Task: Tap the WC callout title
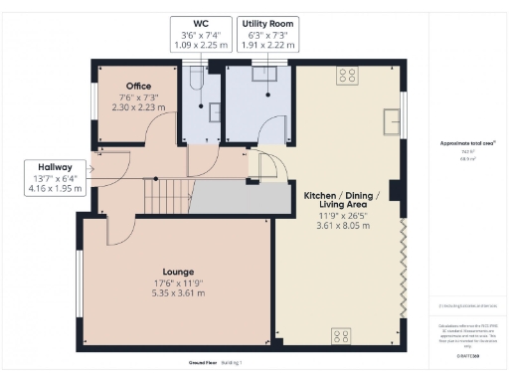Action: (x=202, y=21)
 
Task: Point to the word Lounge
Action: (x=178, y=271)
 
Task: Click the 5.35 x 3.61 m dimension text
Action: (x=178, y=292)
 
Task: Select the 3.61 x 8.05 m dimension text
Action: (x=342, y=226)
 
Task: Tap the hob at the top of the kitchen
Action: (x=349, y=73)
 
